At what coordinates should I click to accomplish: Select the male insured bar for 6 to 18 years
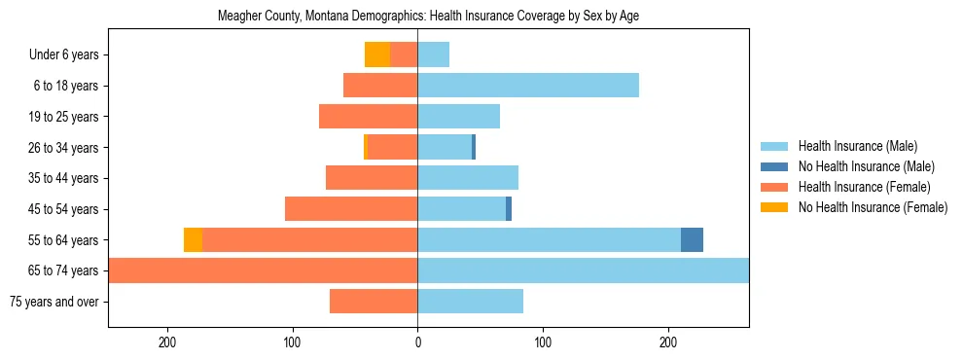(528, 86)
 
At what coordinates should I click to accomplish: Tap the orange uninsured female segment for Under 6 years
(377, 54)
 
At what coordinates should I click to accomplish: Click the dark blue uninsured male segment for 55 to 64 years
(692, 239)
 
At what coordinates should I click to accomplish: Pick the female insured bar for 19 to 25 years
(369, 117)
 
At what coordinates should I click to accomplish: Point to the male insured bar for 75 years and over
(471, 302)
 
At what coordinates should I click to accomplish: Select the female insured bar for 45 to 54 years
(351, 209)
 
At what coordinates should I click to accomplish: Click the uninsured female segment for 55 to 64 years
(193, 239)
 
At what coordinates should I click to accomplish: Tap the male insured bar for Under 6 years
(434, 54)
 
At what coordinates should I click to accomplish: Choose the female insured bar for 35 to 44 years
(372, 178)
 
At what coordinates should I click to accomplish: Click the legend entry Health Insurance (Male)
(857, 146)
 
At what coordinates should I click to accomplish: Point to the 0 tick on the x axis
(417, 342)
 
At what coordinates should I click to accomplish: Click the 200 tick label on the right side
(668, 342)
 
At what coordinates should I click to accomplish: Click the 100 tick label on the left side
(292, 342)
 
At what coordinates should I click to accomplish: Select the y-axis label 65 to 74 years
(64, 270)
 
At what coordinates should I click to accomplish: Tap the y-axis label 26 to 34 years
(64, 148)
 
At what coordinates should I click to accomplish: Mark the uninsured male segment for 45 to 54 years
(509, 209)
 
